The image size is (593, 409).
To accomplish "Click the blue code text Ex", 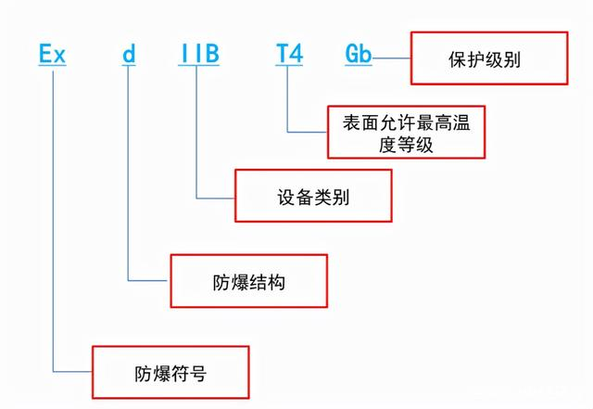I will pyautogui.click(x=53, y=53).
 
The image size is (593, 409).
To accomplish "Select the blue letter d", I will pyautogui.click(x=129, y=53).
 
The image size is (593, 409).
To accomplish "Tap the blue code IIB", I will pyautogui.click(x=198, y=53).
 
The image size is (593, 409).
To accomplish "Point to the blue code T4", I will pyautogui.click(x=287, y=53).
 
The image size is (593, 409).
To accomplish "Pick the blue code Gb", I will pyautogui.click(x=359, y=53).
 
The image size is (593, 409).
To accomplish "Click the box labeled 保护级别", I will pyautogui.click(x=486, y=59).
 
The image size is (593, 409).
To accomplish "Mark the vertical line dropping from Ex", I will pyautogui.click(x=54, y=213).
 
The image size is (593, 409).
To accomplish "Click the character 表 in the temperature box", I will pyautogui.click(x=352, y=121).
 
